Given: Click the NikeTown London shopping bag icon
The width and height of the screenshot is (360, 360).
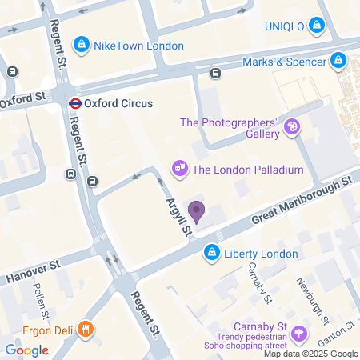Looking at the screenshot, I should pyautogui.click(x=81, y=45).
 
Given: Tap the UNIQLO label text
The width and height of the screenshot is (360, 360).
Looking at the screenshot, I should pyautogui.click(x=285, y=26).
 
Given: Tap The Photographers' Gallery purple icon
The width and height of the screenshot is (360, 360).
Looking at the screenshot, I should pyautogui.click(x=293, y=126).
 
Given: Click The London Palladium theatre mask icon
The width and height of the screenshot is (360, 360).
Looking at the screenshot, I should pyautogui.click(x=180, y=168).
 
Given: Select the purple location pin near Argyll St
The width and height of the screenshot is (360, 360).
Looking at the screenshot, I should pyautogui.click(x=196, y=212).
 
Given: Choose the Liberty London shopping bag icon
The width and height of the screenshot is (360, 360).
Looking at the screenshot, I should pyautogui.click(x=211, y=254).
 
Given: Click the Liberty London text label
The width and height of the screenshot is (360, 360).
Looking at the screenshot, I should pyautogui.click(x=261, y=254).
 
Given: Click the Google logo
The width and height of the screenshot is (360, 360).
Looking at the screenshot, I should pyautogui.click(x=26, y=350).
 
